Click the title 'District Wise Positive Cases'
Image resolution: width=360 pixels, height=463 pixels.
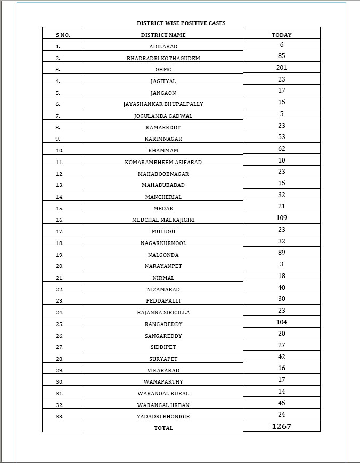pyautogui.click(x=181, y=23)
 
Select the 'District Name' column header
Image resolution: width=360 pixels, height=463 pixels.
pyautogui.click(x=163, y=35)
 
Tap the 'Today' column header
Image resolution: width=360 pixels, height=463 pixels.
pyautogui.click(x=282, y=35)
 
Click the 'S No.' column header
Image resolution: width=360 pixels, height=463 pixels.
pyautogui.click(x=63, y=35)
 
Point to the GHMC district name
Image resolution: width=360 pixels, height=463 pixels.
pyautogui.click(x=163, y=70)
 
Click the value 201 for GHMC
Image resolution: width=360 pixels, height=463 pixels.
pyautogui.click(x=282, y=68)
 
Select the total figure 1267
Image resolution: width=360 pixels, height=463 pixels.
pyautogui.click(x=282, y=426)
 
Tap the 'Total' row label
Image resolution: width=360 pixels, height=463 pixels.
pyautogui.click(x=163, y=428)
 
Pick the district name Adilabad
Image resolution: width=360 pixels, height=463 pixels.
pyautogui.click(x=163, y=47)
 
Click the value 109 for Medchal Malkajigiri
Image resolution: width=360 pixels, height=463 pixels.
pyautogui.click(x=282, y=218)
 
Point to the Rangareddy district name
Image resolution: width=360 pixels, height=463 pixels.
pyautogui.click(x=163, y=324)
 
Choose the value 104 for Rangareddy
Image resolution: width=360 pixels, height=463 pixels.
pyautogui.click(x=282, y=322)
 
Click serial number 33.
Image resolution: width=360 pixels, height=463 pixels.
pyautogui.click(x=60, y=416)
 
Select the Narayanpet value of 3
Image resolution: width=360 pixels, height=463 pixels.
pyautogui.click(x=282, y=264)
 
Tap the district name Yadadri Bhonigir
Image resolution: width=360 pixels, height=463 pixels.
pyautogui.click(x=163, y=416)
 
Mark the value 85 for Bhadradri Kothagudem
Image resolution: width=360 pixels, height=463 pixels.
pyautogui.click(x=282, y=56)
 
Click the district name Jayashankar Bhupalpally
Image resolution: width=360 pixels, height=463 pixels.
pyautogui.click(x=163, y=104)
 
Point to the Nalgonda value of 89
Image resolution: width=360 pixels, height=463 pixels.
pyautogui.click(x=282, y=253)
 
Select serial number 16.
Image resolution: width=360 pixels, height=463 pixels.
pyautogui.click(x=60, y=220)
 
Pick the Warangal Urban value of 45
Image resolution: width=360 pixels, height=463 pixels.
pyautogui.click(x=282, y=403)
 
